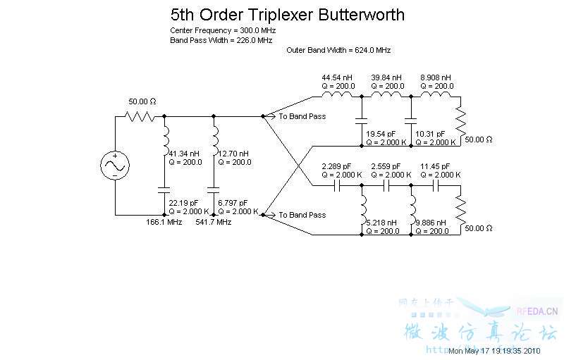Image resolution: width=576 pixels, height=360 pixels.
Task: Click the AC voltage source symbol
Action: point(115,166)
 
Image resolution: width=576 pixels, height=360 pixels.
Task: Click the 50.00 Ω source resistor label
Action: point(142,101)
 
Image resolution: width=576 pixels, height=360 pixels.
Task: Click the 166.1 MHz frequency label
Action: point(164,222)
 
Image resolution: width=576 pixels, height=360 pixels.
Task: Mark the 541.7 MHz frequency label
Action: point(213,222)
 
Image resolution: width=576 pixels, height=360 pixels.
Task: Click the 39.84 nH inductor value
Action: point(386,77)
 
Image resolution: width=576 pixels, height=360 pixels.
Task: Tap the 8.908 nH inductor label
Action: point(435,77)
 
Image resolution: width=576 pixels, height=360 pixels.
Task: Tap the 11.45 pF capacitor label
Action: point(435,166)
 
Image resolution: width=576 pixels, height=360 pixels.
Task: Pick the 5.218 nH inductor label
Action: point(381,223)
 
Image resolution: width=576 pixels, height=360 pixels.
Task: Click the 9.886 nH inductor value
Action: point(430,223)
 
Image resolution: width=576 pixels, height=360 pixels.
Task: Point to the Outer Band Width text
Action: point(338,50)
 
